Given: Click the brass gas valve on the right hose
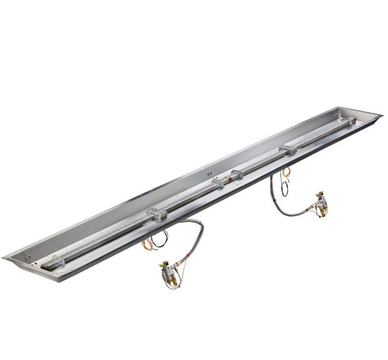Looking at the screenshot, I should pyautogui.click(x=321, y=204).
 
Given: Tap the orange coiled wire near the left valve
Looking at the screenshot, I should pyautogui.click(x=147, y=244).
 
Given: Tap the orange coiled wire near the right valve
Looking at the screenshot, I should pyautogui.click(x=286, y=173).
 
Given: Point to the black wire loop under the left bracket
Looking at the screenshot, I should pyautogui.click(x=160, y=238).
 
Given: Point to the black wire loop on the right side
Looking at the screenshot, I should pyautogui.click(x=283, y=188).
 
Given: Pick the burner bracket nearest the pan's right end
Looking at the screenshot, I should pyautogui.click(x=288, y=149).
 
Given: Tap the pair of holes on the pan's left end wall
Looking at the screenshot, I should pyautogui.click(x=25, y=250).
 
